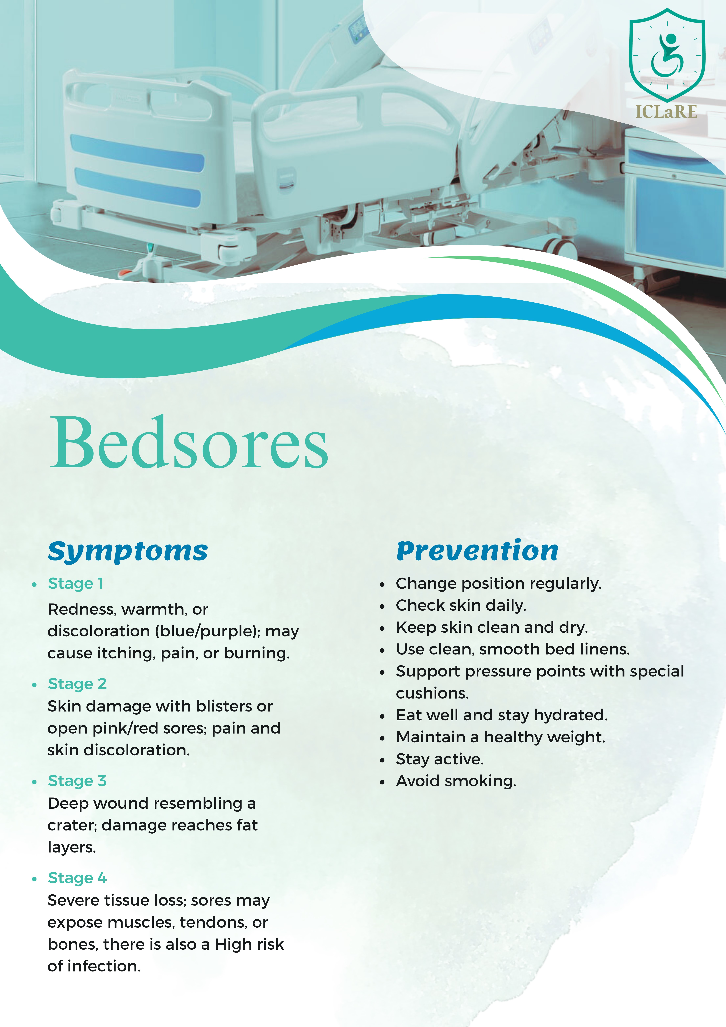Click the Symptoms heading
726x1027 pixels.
(x=128, y=551)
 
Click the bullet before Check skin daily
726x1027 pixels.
(x=382, y=607)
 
